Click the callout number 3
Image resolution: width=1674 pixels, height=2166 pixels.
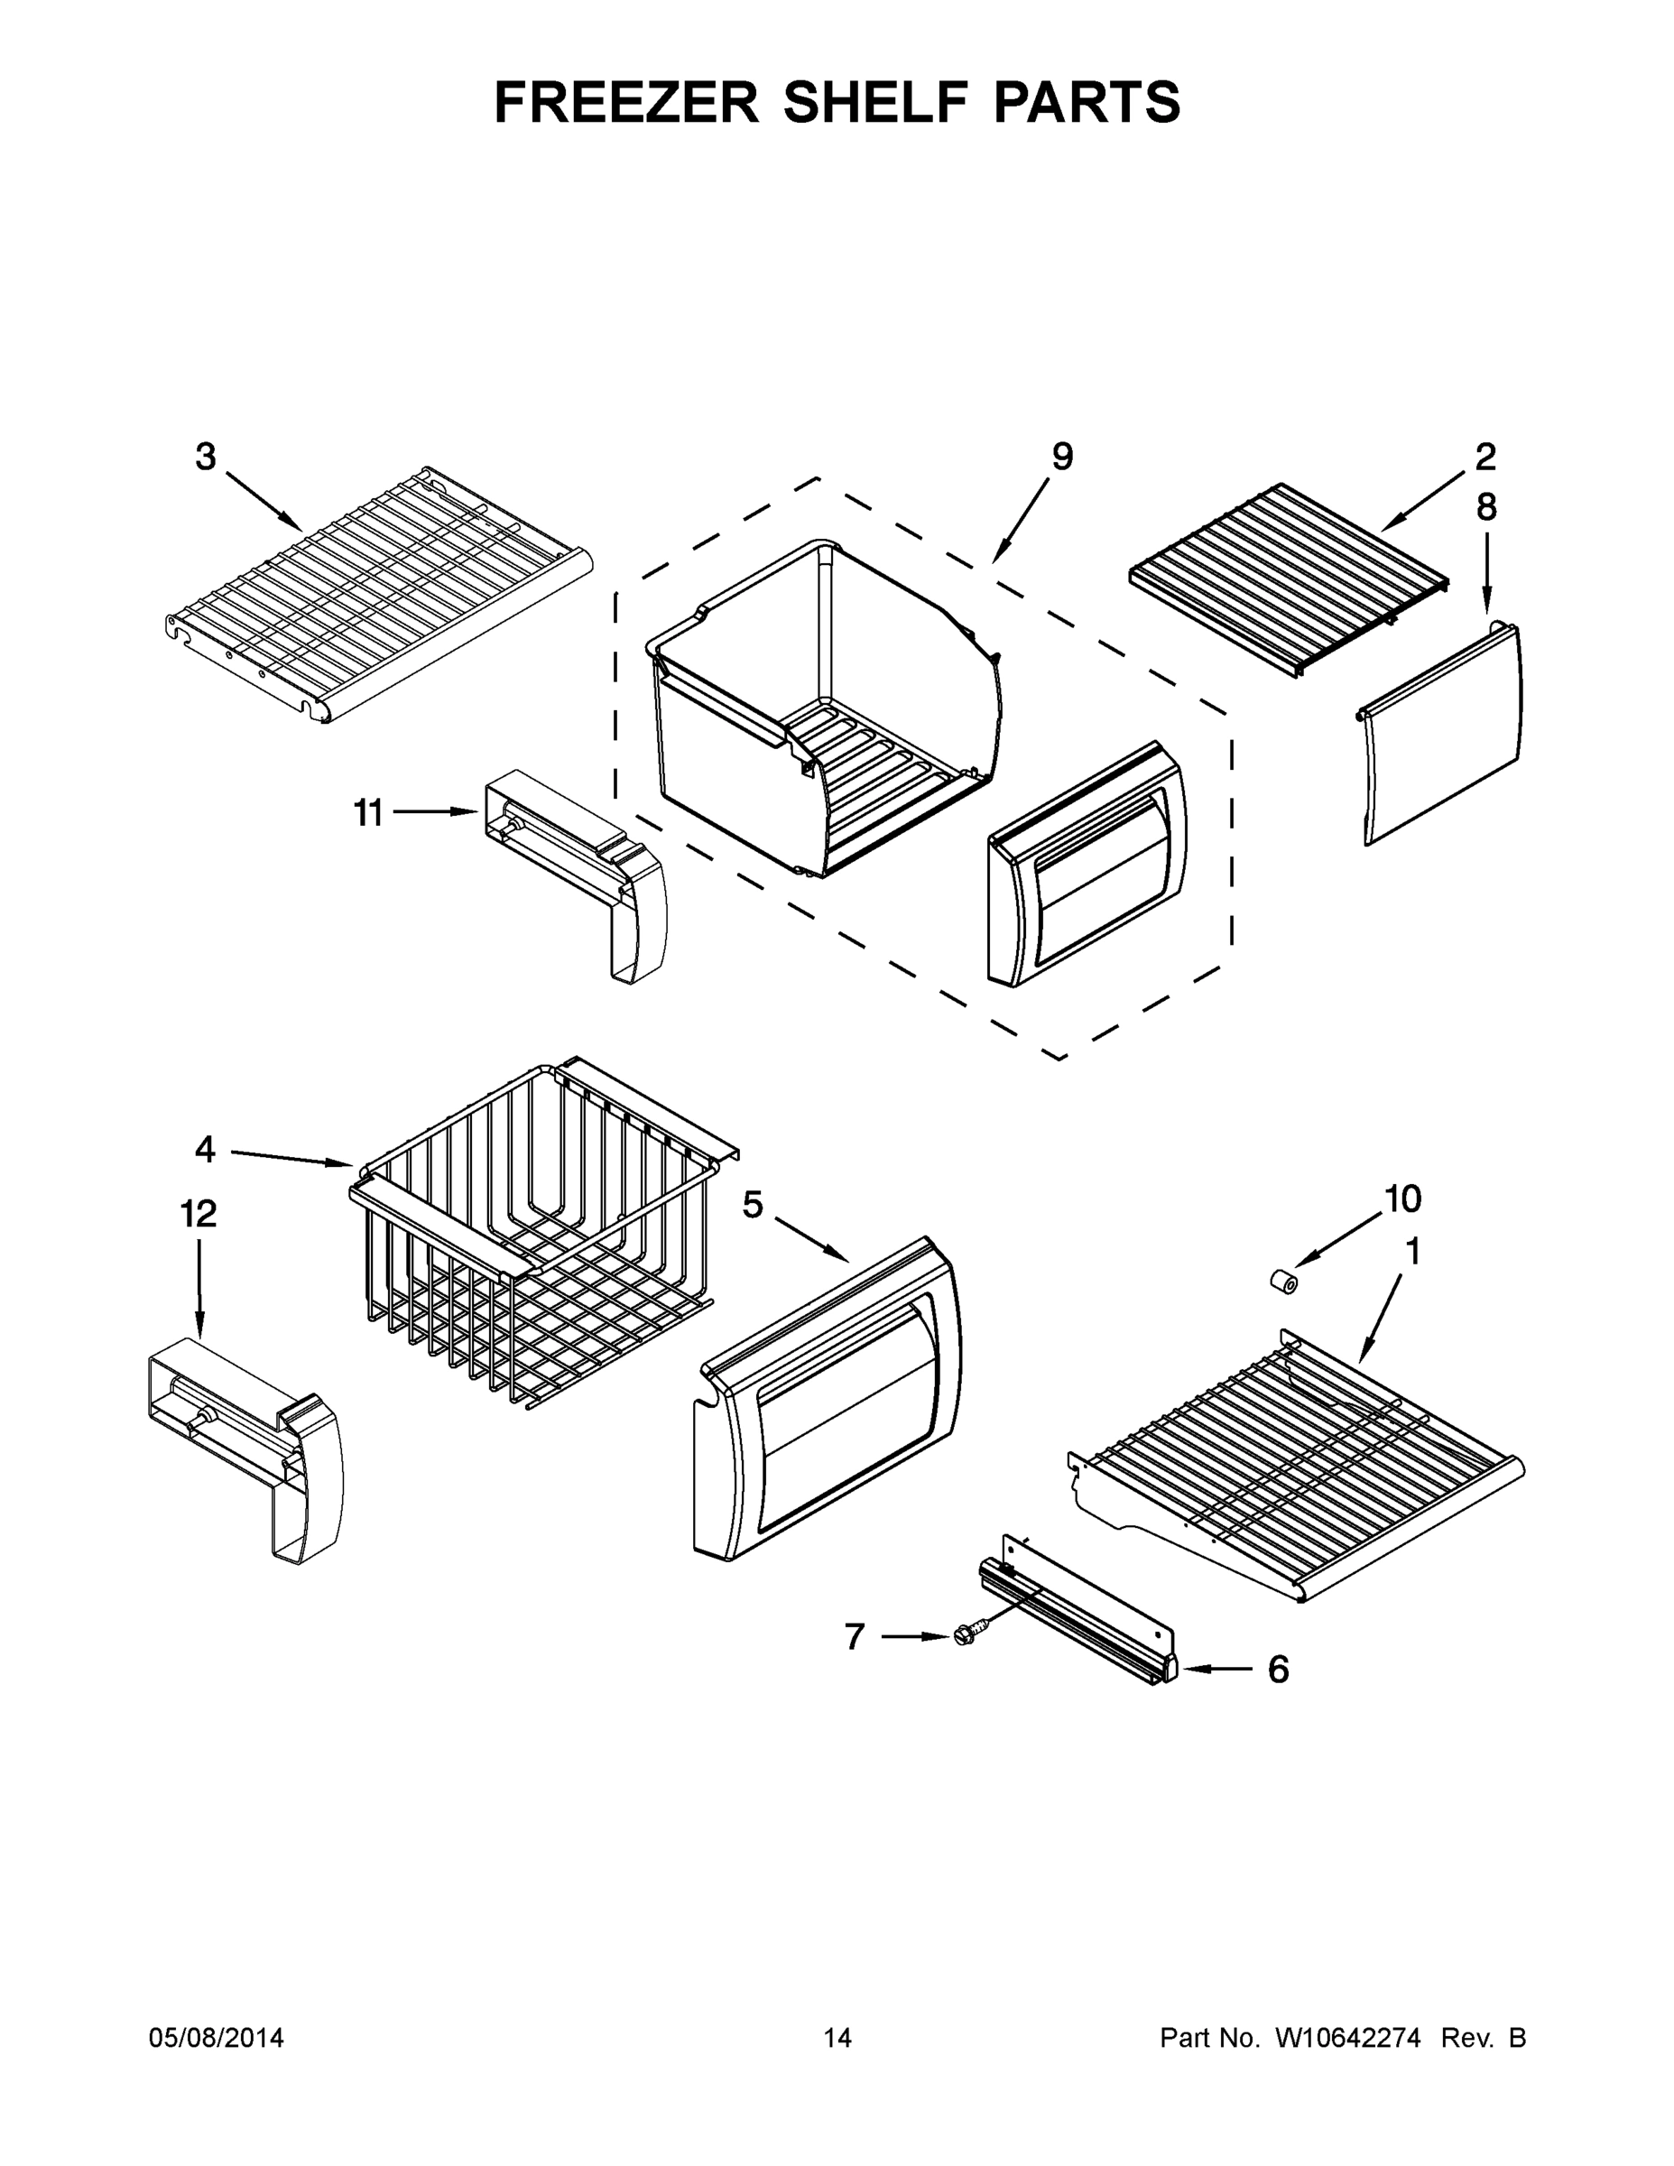[x=205, y=458]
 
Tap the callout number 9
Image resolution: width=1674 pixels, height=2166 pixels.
[x=1061, y=458]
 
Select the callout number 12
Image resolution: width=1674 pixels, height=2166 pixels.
[x=199, y=1213]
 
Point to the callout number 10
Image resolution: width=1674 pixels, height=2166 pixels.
[x=1402, y=1199]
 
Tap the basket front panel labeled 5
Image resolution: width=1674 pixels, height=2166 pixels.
[x=829, y=1403]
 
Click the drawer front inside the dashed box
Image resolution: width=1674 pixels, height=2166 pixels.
[x=1087, y=863]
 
